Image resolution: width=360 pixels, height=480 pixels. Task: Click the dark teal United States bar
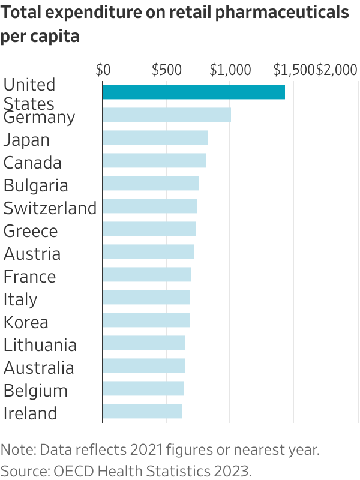pyautogui.click(x=193, y=92)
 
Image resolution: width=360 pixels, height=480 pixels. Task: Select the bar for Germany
pyautogui.click(x=167, y=115)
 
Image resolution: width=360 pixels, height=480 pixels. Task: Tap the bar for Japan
pyautogui.click(x=155, y=137)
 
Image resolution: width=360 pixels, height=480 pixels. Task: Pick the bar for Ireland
pyautogui.click(x=142, y=411)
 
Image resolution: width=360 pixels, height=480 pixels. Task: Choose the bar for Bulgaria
pyautogui.click(x=151, y=183)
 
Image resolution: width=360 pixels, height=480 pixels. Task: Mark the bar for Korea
pyautogui.click(x=146, y=320)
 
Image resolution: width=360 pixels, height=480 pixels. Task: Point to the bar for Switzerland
pyautogui.click(x=150, y=206)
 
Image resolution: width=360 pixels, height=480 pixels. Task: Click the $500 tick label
pyautogui.click(x=166, y=70)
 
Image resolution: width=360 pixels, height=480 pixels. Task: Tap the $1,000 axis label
pyautogui.click(x=230, y=70)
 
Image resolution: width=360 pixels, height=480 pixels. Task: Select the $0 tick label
pyautogui.click(x=103, y=70)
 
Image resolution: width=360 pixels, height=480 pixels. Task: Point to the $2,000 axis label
pyautogui.click(x=337, y=70)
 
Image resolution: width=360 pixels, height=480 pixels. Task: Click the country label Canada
pyautogui.click(x=32, y=163)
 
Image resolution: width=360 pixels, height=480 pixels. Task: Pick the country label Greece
pyautogui.click(x=31, y=231)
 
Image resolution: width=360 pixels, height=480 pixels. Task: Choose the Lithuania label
pyautogui.click(x=40, y=345)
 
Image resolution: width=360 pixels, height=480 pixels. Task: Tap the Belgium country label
pyautogui.click(x=35, y=391)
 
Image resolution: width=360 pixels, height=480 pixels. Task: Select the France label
pyautogui.click(x=29, y=277)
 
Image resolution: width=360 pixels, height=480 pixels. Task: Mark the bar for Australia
pyautogui.click(x=144, y=365)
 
